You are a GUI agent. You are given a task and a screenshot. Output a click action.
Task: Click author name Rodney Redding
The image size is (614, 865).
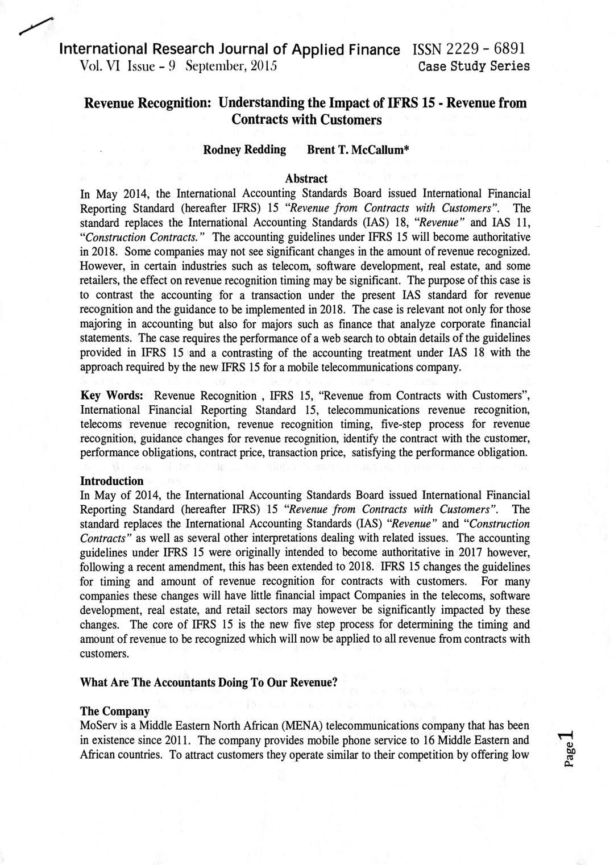tap(244, 149)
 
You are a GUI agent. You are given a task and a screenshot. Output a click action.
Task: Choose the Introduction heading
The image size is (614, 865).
tap(111, 481)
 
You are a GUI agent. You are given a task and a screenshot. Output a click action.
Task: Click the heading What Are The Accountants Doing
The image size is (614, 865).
tap(209, 683)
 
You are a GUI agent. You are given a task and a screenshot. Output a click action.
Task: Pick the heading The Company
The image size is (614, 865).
tap(115, 711)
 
